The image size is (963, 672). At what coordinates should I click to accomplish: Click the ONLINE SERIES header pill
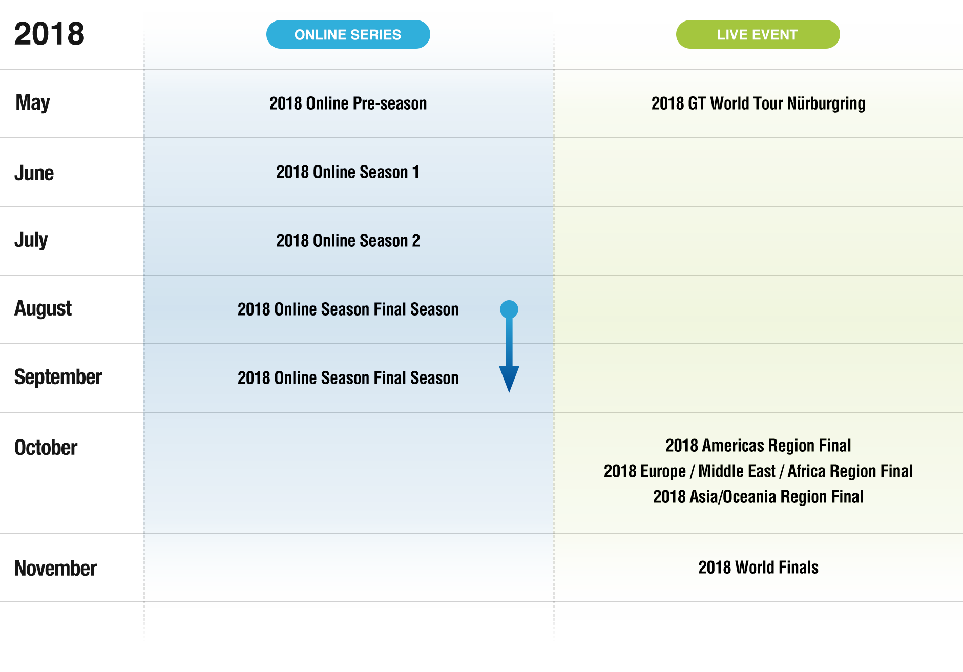[x=348, y=34]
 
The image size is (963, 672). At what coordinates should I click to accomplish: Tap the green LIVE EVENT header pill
[x=757, y=34]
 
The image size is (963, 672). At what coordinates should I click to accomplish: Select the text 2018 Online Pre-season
[x=348, y=103]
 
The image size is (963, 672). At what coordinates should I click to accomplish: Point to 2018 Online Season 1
[x=348, y=172]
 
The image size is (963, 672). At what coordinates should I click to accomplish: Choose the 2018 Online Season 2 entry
[x=348, y=241]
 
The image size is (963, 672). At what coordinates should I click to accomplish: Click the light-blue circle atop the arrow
[x=509, y=309]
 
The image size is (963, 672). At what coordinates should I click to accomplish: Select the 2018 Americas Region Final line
[x=758, y=446]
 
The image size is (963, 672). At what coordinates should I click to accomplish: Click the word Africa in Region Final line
[x=806, y=471]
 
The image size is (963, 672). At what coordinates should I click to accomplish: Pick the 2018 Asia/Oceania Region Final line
[x=758, y=497]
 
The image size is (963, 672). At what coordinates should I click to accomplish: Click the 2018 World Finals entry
[x=758, y=568]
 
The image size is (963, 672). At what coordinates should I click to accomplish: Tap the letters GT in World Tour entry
[x=697, y=103]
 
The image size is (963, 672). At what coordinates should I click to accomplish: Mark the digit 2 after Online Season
[x=416, y=241]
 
